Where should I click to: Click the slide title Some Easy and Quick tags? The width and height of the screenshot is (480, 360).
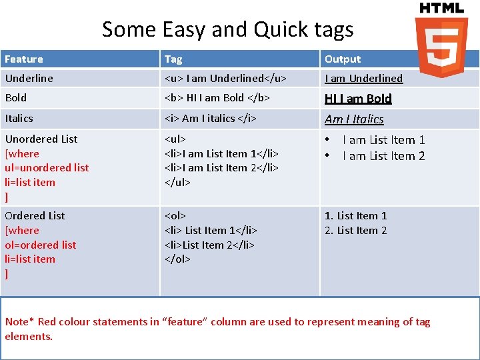(x=227, y=29)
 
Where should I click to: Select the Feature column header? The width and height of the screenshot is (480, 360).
(x=24, y=59)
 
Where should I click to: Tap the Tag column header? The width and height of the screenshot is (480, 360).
(x=173, y=59)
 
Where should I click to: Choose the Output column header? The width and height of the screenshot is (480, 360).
(x=343, y=59)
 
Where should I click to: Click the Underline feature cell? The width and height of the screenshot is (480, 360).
(x=29, y=79)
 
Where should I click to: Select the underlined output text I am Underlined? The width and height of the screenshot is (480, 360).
(x=363, y=79)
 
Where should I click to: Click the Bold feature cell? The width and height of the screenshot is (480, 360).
(x=16, y=98)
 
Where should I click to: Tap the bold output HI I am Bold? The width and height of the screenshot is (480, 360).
(x=358, y=99)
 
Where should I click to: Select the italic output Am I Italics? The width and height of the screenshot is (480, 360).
(x=354, y=119)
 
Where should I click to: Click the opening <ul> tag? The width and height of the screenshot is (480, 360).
(x=175, y=139)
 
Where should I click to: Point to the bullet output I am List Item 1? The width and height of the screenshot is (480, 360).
(x=383, y=140)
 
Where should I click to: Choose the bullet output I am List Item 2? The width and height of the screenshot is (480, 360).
(x=383, y=156)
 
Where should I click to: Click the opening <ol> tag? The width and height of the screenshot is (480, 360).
(x=175, y=216)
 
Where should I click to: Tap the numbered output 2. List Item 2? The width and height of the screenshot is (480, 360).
(x=355, y=231)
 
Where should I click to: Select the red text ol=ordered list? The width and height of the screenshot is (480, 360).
(x=40, y=245)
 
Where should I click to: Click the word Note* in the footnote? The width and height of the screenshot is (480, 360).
(x=19, y=322)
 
